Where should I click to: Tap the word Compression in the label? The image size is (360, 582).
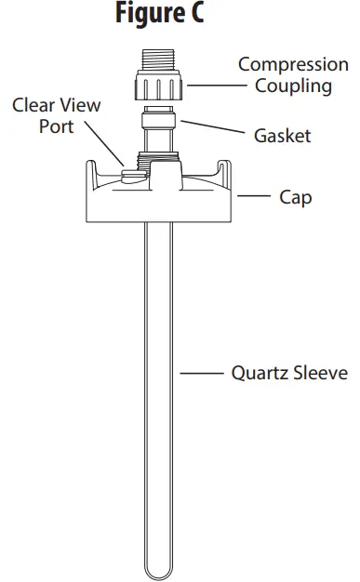click(293, 65)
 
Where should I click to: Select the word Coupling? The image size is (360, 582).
click(293, 86)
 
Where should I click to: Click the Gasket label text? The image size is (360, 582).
click(282, 136)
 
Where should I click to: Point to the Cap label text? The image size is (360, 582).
click(296, 197)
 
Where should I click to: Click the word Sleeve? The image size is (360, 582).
click(321, 374)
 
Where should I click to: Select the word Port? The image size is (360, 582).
click(57, 126)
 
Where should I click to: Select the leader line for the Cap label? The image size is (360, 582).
click(252, 197)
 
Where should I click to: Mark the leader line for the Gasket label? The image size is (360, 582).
click(211, 127)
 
